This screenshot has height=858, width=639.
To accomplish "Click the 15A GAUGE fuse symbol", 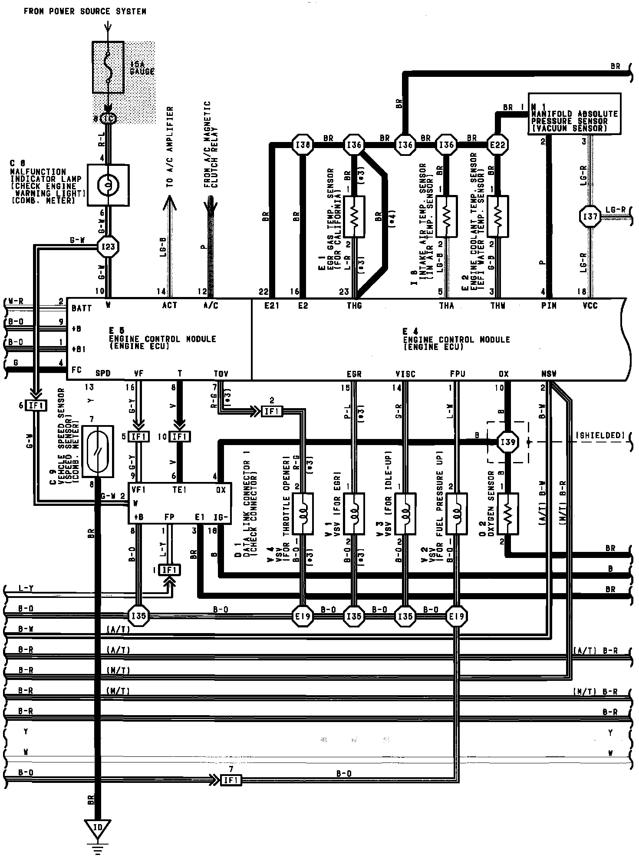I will [108, 67].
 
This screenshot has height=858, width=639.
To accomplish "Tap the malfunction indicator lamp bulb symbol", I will [108, 185].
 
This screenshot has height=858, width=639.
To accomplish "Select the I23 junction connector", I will [108, 247].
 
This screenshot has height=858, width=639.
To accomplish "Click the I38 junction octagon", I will [302, 145].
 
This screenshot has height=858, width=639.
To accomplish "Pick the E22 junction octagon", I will [497, 145].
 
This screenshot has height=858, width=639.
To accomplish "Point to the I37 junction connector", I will [590, 216].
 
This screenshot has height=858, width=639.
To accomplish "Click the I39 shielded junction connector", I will [507, 442].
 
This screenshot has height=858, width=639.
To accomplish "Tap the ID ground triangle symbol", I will [98, 828].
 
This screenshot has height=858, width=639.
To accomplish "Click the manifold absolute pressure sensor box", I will [574, 114].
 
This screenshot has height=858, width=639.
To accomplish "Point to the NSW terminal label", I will [549, 374].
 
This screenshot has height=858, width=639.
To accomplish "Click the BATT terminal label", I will [82, 308].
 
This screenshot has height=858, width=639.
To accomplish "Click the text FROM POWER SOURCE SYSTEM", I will [85, 12].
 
